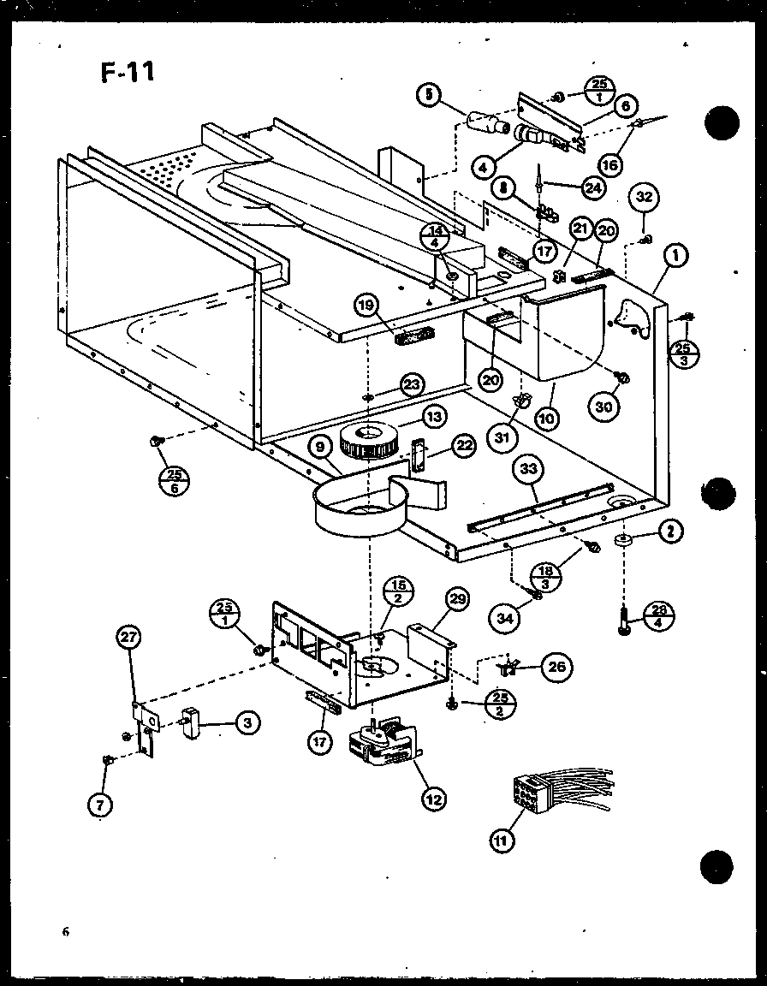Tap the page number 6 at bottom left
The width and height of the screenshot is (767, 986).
point(64,933)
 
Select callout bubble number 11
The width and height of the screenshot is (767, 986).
point(501,841)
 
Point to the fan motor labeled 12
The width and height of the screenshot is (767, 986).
point(386,746)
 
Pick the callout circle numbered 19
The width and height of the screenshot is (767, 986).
point(366,305)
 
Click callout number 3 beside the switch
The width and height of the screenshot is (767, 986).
point(247,724)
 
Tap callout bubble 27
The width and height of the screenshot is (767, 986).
point(129,638)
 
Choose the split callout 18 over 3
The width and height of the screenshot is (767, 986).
point(546,574)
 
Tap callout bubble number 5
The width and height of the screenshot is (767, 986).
point(431,96)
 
